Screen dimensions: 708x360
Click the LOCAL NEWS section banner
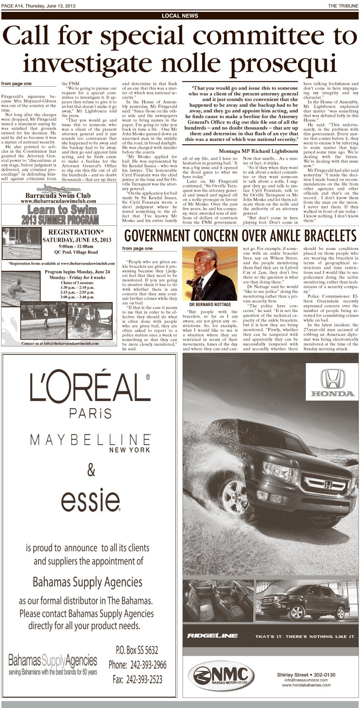180,16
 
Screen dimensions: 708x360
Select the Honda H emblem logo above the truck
333,379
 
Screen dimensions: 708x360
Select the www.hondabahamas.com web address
306,685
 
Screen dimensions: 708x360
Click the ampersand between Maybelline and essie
91,469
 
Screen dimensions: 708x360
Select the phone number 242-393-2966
137,665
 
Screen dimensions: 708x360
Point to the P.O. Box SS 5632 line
137,650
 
